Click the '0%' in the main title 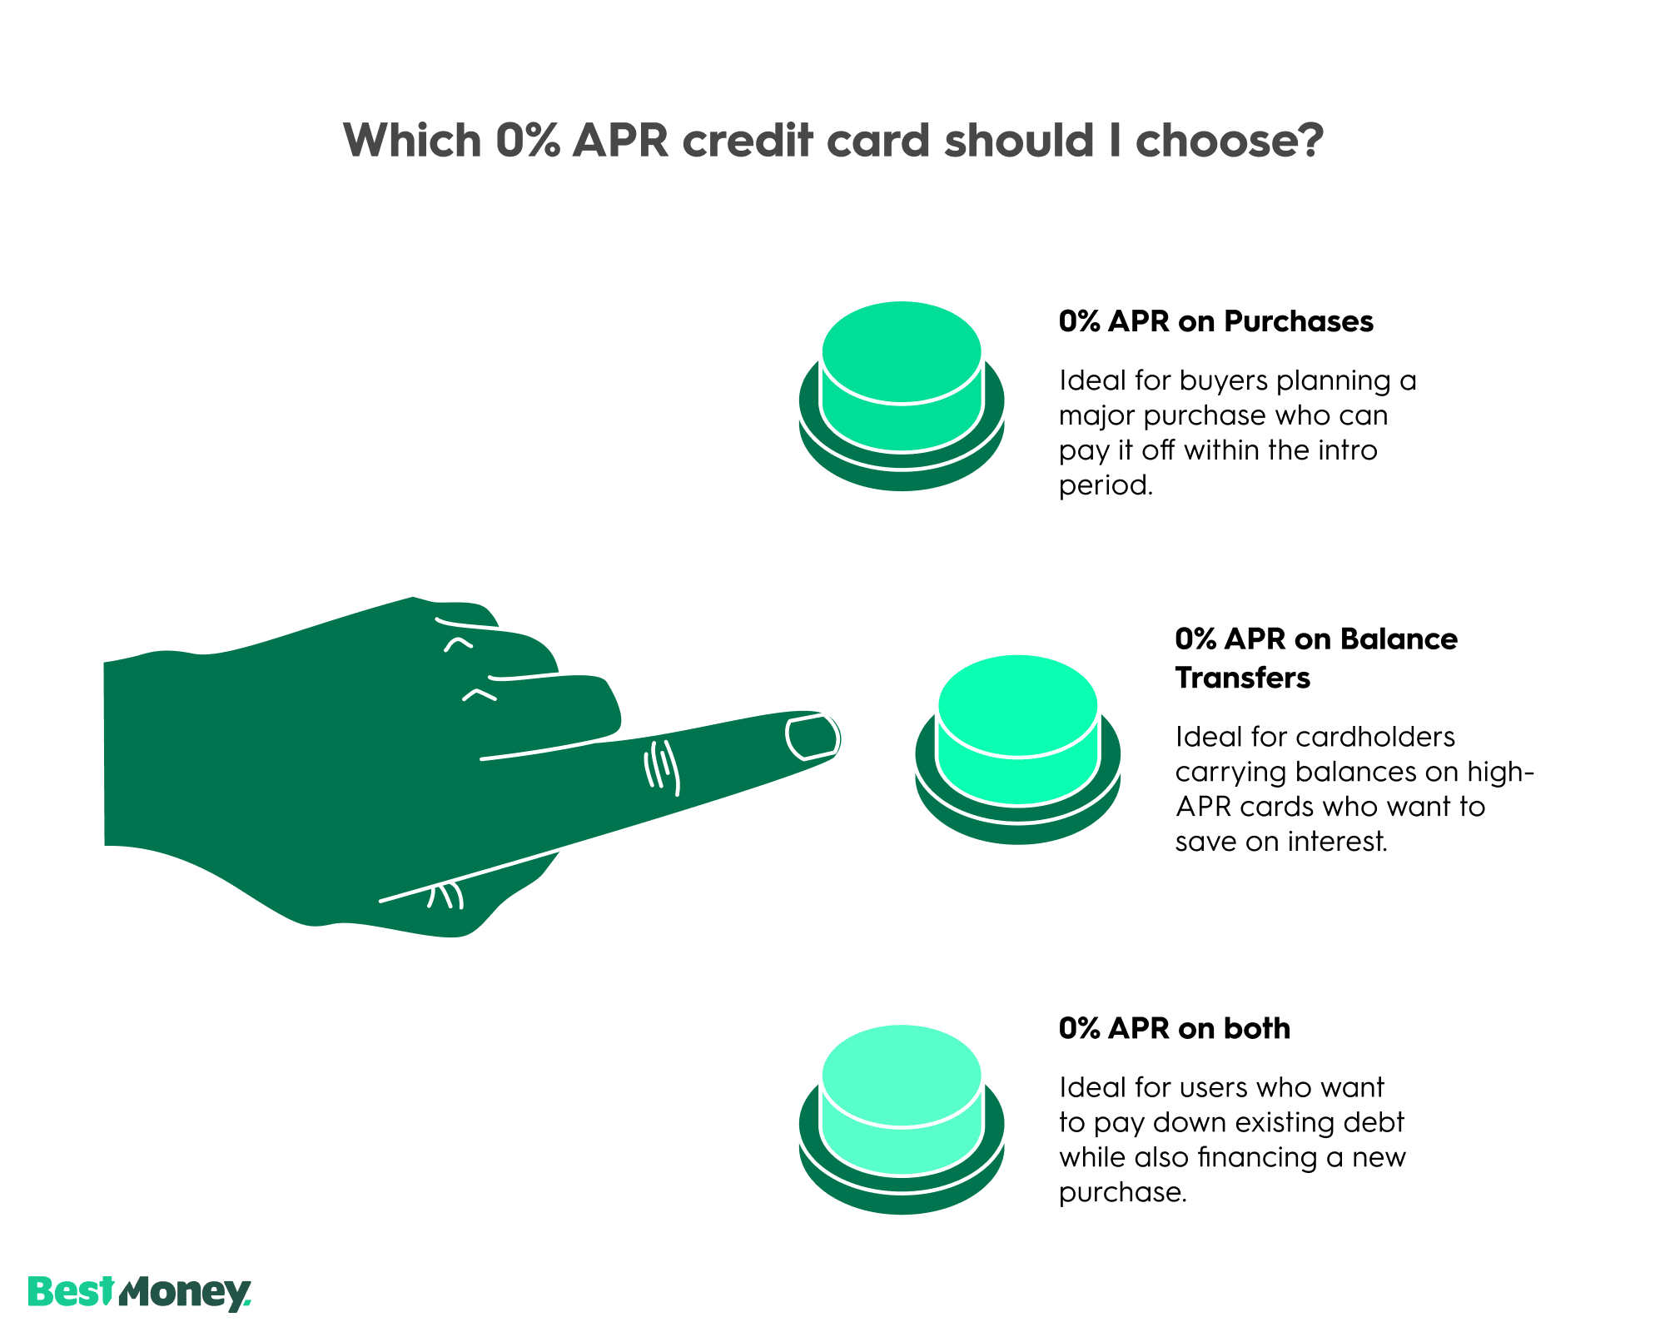525,140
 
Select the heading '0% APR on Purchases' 1215,321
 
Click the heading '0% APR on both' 1174,1029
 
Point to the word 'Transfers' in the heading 1242,678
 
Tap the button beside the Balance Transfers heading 1017,733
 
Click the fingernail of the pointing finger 813,738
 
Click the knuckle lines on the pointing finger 663,766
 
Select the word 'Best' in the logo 70,1292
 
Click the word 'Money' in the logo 185,1294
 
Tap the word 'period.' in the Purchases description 1106,485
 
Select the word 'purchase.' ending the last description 1122,1192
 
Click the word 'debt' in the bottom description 1377,1122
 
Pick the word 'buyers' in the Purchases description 1223,380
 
